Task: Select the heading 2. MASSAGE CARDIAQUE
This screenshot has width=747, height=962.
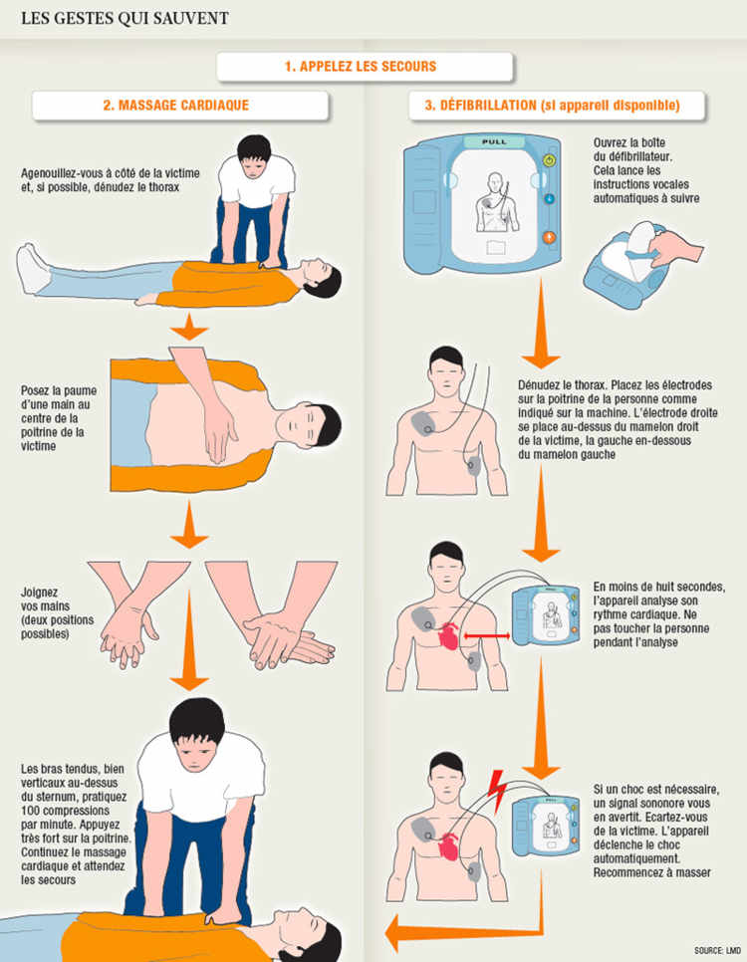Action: click(182, 105)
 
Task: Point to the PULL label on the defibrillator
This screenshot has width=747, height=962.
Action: click(494, 142)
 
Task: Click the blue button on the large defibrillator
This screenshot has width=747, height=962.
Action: click(547, 198)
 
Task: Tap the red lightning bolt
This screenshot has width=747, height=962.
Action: click(494, 791)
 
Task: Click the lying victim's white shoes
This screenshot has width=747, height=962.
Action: click(33, 268)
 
